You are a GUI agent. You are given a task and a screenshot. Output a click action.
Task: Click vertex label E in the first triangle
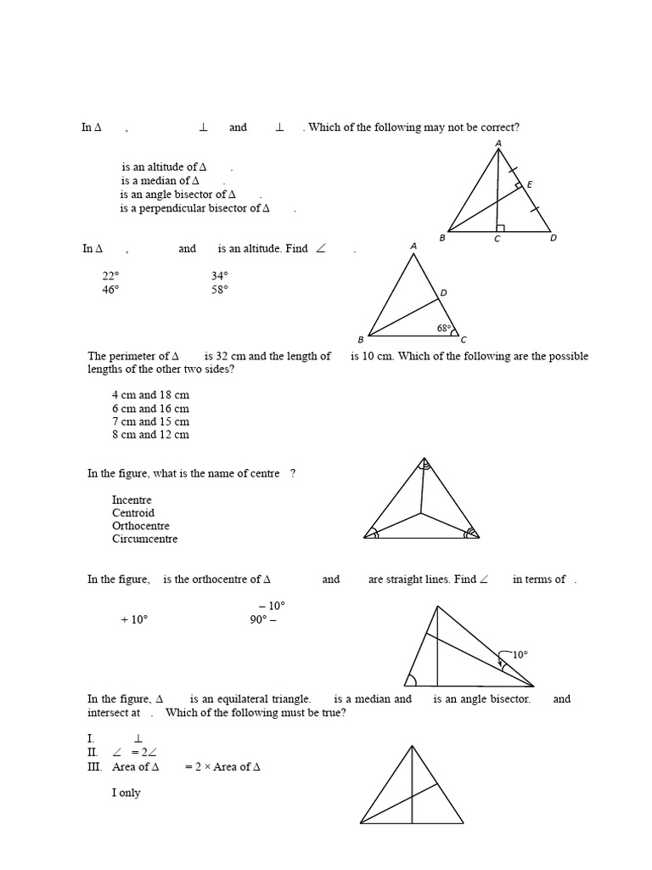pos(530,184)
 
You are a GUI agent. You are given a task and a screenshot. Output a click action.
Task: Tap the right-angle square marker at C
pos(501,227)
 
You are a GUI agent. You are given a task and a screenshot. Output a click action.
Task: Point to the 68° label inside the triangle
pos(444,328)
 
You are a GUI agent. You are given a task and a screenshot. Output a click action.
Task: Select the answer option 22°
pos(111,276)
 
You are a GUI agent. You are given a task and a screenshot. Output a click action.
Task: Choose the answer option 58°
pos(220,290)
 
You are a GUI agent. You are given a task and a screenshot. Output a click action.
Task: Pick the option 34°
pos(220,276)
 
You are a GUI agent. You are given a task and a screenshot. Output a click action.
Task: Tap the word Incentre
pos(132,500)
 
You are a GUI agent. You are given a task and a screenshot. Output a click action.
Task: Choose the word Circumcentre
pos(144,539)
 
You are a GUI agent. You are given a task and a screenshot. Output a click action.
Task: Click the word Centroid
pos(133,513)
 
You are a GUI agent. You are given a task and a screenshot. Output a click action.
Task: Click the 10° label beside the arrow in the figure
pos(520,655)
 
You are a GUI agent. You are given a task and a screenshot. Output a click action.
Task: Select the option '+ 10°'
pos(134,620)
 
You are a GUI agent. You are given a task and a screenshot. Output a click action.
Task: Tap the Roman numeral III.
pos(94,767)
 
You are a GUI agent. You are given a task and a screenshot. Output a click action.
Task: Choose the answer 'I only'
pos(126,794)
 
